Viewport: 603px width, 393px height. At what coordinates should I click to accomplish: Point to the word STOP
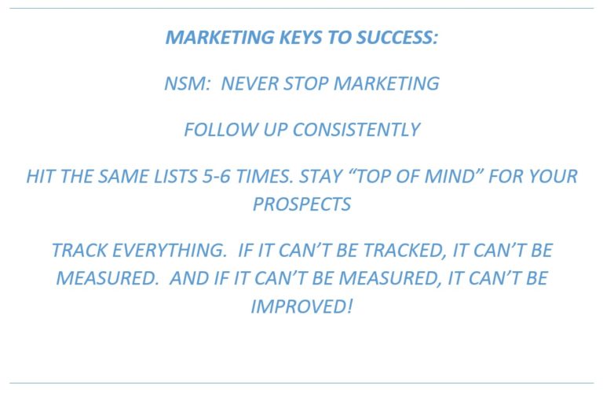[305, 83]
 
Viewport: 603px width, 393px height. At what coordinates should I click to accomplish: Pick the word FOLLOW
[221, 130]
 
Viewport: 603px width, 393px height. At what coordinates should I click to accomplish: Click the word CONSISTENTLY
[356, 130]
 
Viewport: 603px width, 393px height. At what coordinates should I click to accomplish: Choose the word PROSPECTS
[301, 204]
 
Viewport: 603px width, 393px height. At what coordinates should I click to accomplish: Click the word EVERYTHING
[169, 251]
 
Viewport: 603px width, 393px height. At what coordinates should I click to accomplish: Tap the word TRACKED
[402, 251]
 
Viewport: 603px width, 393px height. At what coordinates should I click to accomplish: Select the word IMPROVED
[298, 307]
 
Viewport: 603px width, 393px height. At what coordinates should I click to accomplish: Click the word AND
[189, 278]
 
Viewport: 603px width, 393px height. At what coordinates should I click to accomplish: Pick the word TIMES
[264, 177]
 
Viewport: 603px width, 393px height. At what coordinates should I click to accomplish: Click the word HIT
[40, 177]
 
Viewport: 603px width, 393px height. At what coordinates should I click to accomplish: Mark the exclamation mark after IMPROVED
[349, 307]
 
